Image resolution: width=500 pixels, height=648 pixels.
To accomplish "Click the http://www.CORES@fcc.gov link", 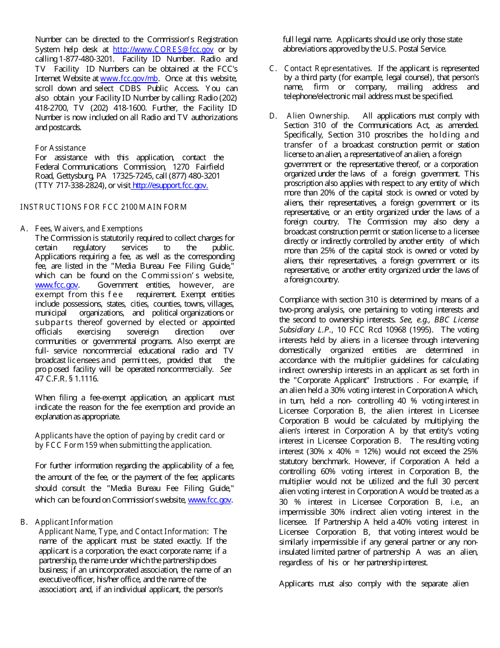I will [163, 50].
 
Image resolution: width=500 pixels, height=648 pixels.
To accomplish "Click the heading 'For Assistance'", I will [60, 148].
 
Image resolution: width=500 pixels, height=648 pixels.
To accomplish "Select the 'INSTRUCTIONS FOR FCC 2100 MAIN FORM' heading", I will [103, 207].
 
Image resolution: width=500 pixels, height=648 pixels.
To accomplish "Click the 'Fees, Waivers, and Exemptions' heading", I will [88, 229].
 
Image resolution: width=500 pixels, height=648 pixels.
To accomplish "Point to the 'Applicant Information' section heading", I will [74, 522].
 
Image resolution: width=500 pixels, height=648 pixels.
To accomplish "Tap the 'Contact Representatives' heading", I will [327, 68].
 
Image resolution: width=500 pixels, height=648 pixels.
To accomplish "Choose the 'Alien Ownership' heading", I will [317, 116].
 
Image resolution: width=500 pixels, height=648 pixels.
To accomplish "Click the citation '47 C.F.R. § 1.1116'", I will [66, 379].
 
